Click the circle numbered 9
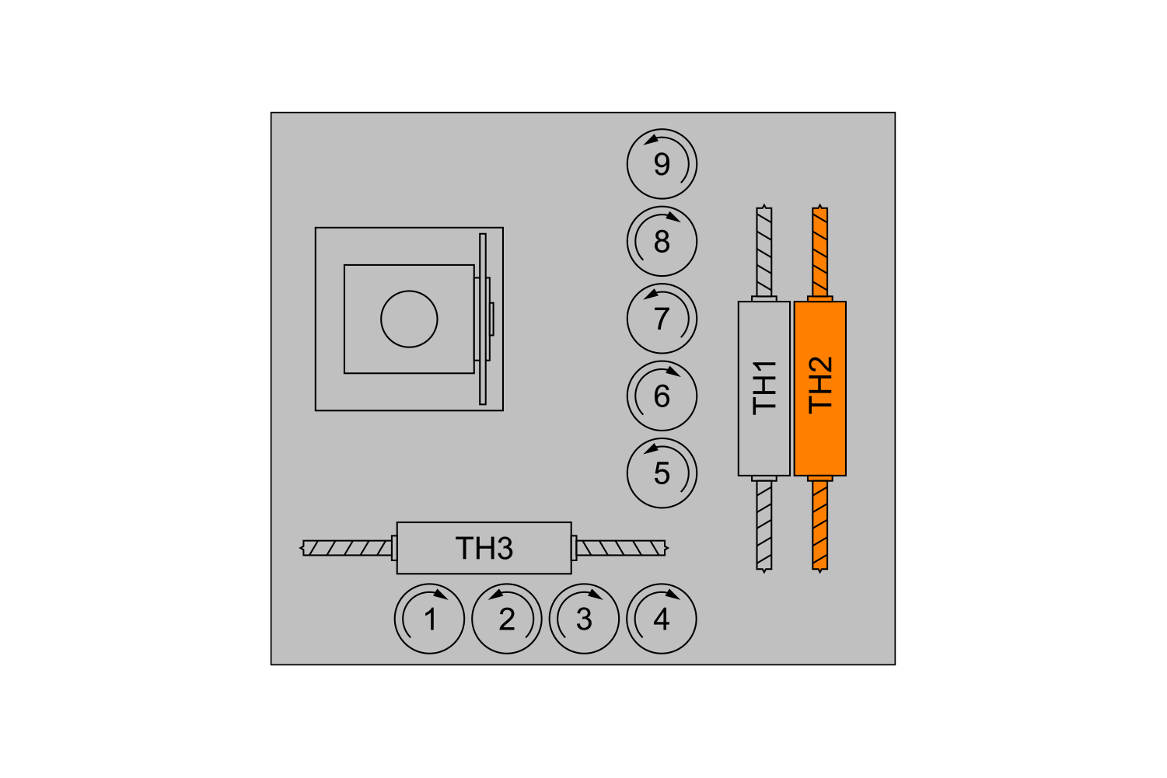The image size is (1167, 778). (662, 164)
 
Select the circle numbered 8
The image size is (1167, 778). (662, 241)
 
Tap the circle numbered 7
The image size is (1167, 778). (662, 319)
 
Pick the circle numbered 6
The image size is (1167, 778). (662, 396)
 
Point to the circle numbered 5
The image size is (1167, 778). (662, 473)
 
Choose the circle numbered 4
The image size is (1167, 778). (661, 619)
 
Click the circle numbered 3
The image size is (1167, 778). (584, 619)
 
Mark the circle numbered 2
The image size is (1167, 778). (506, 619)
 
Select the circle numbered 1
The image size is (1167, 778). (429, 619)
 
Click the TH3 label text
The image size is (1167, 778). (484, 549)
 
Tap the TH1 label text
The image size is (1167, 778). (764, 388)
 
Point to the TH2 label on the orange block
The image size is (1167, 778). (820, 386)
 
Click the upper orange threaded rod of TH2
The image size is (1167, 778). (820, 251)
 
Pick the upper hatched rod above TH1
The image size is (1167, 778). (764, 251)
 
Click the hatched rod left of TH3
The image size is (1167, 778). (347, 549)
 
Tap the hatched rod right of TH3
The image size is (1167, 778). (622, 549)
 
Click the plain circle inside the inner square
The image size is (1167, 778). (409, 319)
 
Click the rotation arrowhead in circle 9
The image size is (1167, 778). (652, 140)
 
